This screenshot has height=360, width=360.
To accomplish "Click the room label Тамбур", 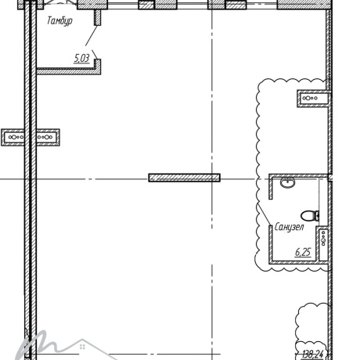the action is point(59,21).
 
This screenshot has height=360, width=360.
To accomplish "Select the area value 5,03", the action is point(81,58).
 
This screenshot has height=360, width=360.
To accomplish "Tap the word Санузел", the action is point(290,227).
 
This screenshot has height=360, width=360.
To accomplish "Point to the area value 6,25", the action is point(303,252).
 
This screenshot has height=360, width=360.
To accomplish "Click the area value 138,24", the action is point(312,355).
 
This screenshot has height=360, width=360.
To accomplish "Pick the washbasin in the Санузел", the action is point(288,182).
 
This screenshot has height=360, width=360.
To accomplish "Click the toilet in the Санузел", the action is point(310,216).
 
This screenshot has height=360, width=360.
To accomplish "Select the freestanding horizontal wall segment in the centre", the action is point(185,178).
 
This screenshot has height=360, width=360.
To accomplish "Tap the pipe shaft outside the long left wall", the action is point(13,137).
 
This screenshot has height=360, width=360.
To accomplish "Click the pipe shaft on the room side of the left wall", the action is point(48,137).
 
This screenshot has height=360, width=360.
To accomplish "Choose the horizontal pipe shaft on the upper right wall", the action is point(312,99).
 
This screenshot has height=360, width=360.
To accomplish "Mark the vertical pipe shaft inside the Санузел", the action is point(323,244).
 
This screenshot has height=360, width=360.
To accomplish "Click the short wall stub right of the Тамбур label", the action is point(97,17).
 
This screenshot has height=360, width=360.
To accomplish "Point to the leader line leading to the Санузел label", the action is point(265,213).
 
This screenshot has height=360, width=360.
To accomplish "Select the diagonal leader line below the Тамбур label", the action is point(92,35).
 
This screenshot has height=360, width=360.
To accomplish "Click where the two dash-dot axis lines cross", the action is point(212,179).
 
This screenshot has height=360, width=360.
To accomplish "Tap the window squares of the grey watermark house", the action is point(82,347).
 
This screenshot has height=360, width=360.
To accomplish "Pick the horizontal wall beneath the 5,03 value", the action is point(68,71).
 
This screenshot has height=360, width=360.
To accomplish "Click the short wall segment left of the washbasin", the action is point(271,188).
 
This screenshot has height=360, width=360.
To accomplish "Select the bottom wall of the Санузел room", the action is point(298,262).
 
